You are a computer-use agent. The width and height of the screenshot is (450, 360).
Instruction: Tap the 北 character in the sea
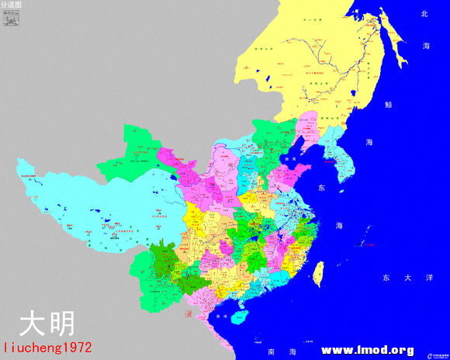424,14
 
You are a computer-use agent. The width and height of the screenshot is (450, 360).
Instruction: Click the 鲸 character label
388,104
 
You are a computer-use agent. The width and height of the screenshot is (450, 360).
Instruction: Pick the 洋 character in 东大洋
429,277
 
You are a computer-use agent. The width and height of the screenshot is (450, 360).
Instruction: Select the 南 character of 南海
272,351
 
